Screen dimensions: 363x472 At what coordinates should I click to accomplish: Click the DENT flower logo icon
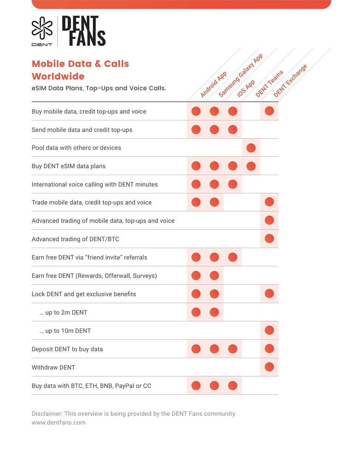pos(42,28)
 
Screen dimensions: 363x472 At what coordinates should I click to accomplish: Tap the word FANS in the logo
pos(87,38)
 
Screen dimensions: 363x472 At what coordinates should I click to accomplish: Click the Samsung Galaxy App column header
pos(240,76)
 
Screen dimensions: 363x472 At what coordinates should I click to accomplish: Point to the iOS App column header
pos(246,88)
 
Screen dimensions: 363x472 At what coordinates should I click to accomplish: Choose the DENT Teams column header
pos(269,84)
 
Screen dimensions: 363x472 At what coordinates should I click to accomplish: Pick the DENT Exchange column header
pos(290,81)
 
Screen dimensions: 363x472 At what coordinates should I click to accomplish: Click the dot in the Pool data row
pos(251,148)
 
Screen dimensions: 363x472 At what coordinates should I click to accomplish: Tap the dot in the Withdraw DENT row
pos(269,367)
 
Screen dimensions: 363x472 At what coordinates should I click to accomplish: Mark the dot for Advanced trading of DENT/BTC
pos(269,239)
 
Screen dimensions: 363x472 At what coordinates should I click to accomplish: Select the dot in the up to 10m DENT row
pos(269,330)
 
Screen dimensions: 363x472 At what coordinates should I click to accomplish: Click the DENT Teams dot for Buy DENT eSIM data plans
pos(251,166)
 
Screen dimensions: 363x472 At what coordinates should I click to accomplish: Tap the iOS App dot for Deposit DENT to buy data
pos(232,349)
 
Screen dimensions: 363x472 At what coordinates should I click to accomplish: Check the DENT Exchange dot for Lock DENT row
pos(269,294)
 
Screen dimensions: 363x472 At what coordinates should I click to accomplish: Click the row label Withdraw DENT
pos(54,367)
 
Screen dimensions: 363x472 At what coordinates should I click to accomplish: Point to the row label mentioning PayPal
pos(91,386)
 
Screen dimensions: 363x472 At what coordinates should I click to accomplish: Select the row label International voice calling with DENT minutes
pos(95,184)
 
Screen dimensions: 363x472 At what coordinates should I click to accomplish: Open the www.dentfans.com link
pos(59,422)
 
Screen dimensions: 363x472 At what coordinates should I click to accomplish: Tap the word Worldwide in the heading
pos(58,76)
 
